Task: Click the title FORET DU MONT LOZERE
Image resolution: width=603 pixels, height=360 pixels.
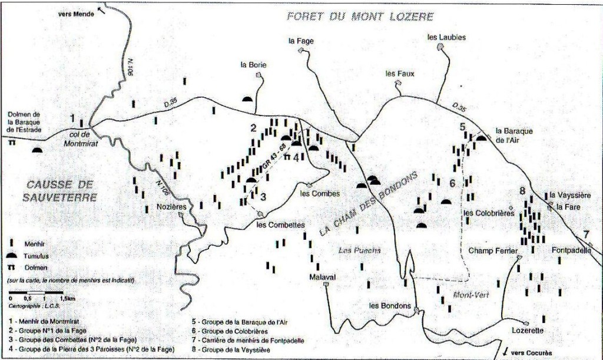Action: pos(360,16)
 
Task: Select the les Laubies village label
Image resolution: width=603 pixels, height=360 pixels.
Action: pos(446,37)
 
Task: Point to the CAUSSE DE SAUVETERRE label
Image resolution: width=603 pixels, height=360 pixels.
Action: pos(59,191)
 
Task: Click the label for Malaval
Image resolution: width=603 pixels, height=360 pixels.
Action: pos(322,277)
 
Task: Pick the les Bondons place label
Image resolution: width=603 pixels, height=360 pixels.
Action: pos(389,305)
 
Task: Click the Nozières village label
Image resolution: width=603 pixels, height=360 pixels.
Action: pos(171,207)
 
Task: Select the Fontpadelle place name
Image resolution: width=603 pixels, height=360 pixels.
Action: pos(571,250)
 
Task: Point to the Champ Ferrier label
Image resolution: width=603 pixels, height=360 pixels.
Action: pos(492,250)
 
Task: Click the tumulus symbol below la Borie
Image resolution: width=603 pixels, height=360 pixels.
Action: pos(247,98)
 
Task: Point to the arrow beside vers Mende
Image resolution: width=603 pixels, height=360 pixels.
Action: pos(103,11)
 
